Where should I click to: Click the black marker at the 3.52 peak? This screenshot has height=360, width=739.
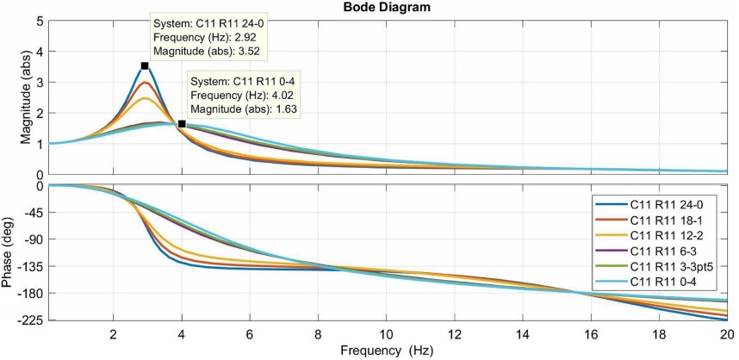[x=145, y=65]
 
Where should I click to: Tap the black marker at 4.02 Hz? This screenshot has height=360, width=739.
[x=182, y=124]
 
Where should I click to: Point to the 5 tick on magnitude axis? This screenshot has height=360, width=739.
[x=38, y=21]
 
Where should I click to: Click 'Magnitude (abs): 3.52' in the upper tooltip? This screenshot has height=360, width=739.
[x=208, y=53]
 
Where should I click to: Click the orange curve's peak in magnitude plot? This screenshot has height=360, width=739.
[x=146, y=83]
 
